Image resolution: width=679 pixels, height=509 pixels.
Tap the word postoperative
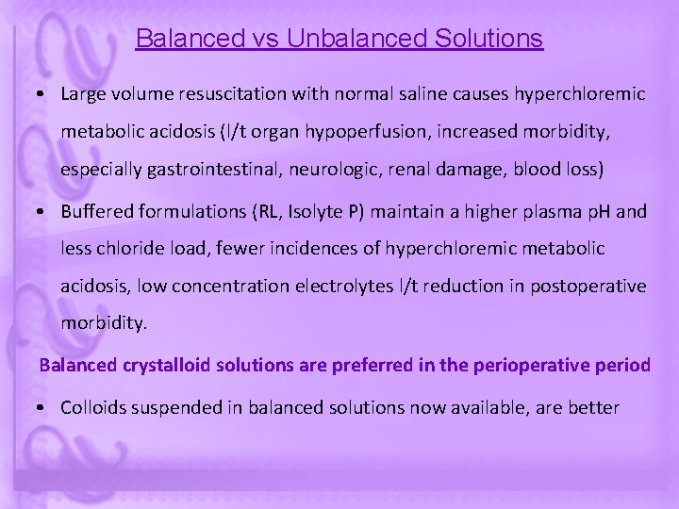(591, 286)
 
